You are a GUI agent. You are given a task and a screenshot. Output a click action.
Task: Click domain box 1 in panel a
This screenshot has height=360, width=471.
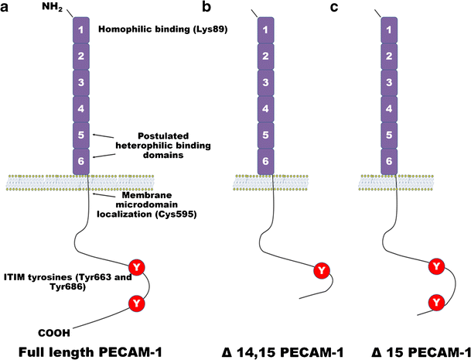coord(82,31)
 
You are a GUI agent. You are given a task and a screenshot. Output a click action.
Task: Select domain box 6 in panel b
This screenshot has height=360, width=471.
coord(265,160)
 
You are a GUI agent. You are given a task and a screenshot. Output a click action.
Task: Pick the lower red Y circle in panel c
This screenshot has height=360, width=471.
coord(436,300)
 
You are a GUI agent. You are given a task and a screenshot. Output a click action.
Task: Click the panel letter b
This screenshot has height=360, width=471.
coord(206,8)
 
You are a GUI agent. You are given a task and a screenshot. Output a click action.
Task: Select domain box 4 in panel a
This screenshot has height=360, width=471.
coord(82,108)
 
